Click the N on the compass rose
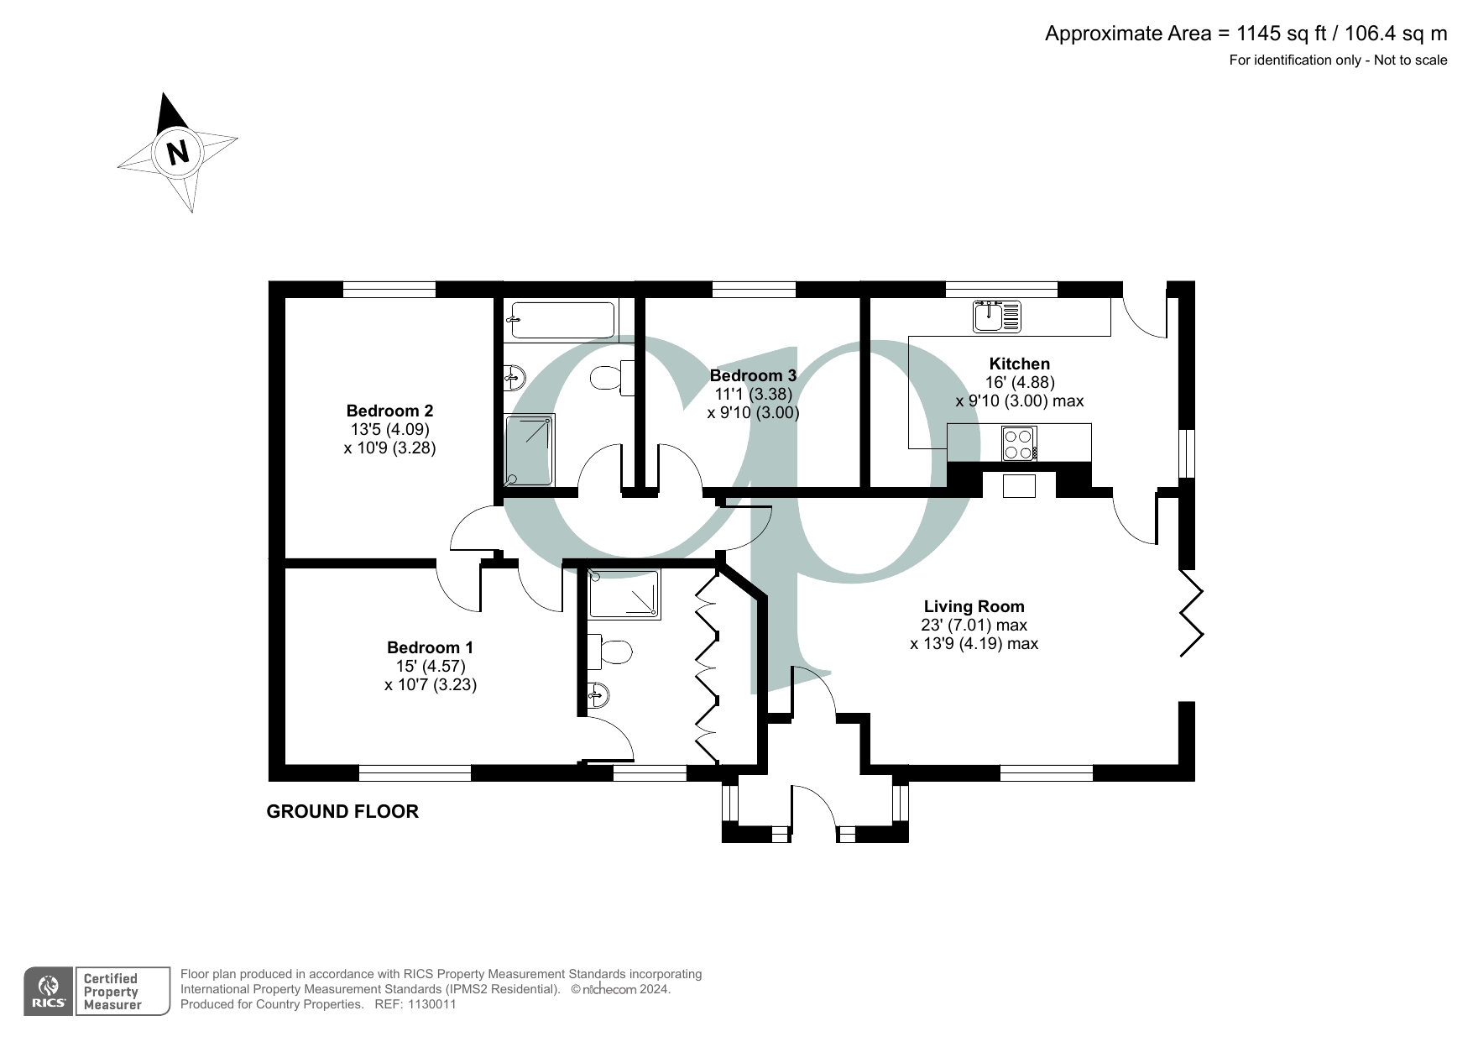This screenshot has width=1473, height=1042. click(177, 153)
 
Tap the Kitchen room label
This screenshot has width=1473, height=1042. click(1019, 364)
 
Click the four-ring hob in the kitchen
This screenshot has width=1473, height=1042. click(1019, 443)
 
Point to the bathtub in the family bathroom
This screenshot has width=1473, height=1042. click(561, 320)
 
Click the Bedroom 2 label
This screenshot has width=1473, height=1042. click(389, 411)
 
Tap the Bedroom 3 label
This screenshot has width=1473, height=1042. click(752, 375)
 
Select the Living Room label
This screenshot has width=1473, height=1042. click(974, 606)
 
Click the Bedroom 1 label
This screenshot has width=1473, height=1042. click(430, 647)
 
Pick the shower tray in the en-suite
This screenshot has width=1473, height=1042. click(624, 594)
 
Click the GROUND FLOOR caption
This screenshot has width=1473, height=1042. click(342, 811)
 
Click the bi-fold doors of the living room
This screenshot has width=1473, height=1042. click(1192, 613)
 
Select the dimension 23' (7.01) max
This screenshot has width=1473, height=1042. click(974, 625)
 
